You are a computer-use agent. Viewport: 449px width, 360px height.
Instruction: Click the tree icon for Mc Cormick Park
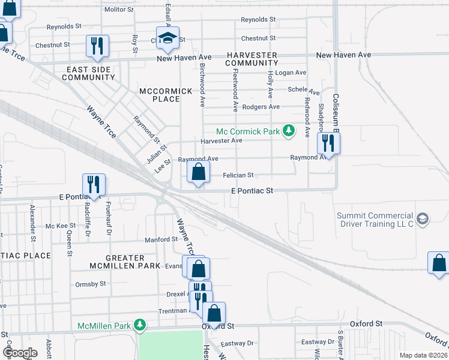point(289,131)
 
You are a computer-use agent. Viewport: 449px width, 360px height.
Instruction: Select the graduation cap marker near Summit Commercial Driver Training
point(423,218)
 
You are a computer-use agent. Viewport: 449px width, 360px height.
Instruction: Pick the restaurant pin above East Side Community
point(96,47)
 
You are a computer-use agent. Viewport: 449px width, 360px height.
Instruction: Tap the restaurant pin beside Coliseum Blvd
point(328,143)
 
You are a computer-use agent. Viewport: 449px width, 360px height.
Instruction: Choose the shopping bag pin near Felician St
point(199,173)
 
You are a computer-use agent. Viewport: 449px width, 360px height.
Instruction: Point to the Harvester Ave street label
point(221,140)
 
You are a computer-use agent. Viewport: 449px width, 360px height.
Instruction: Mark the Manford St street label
point(158,240)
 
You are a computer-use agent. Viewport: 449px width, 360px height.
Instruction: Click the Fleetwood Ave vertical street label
point(236,90)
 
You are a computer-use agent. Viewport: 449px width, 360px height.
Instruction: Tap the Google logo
point(20,353)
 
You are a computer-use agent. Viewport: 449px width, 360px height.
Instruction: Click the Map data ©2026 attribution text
point(423,355)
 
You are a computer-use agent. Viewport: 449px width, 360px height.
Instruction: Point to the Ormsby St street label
point(91,284)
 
